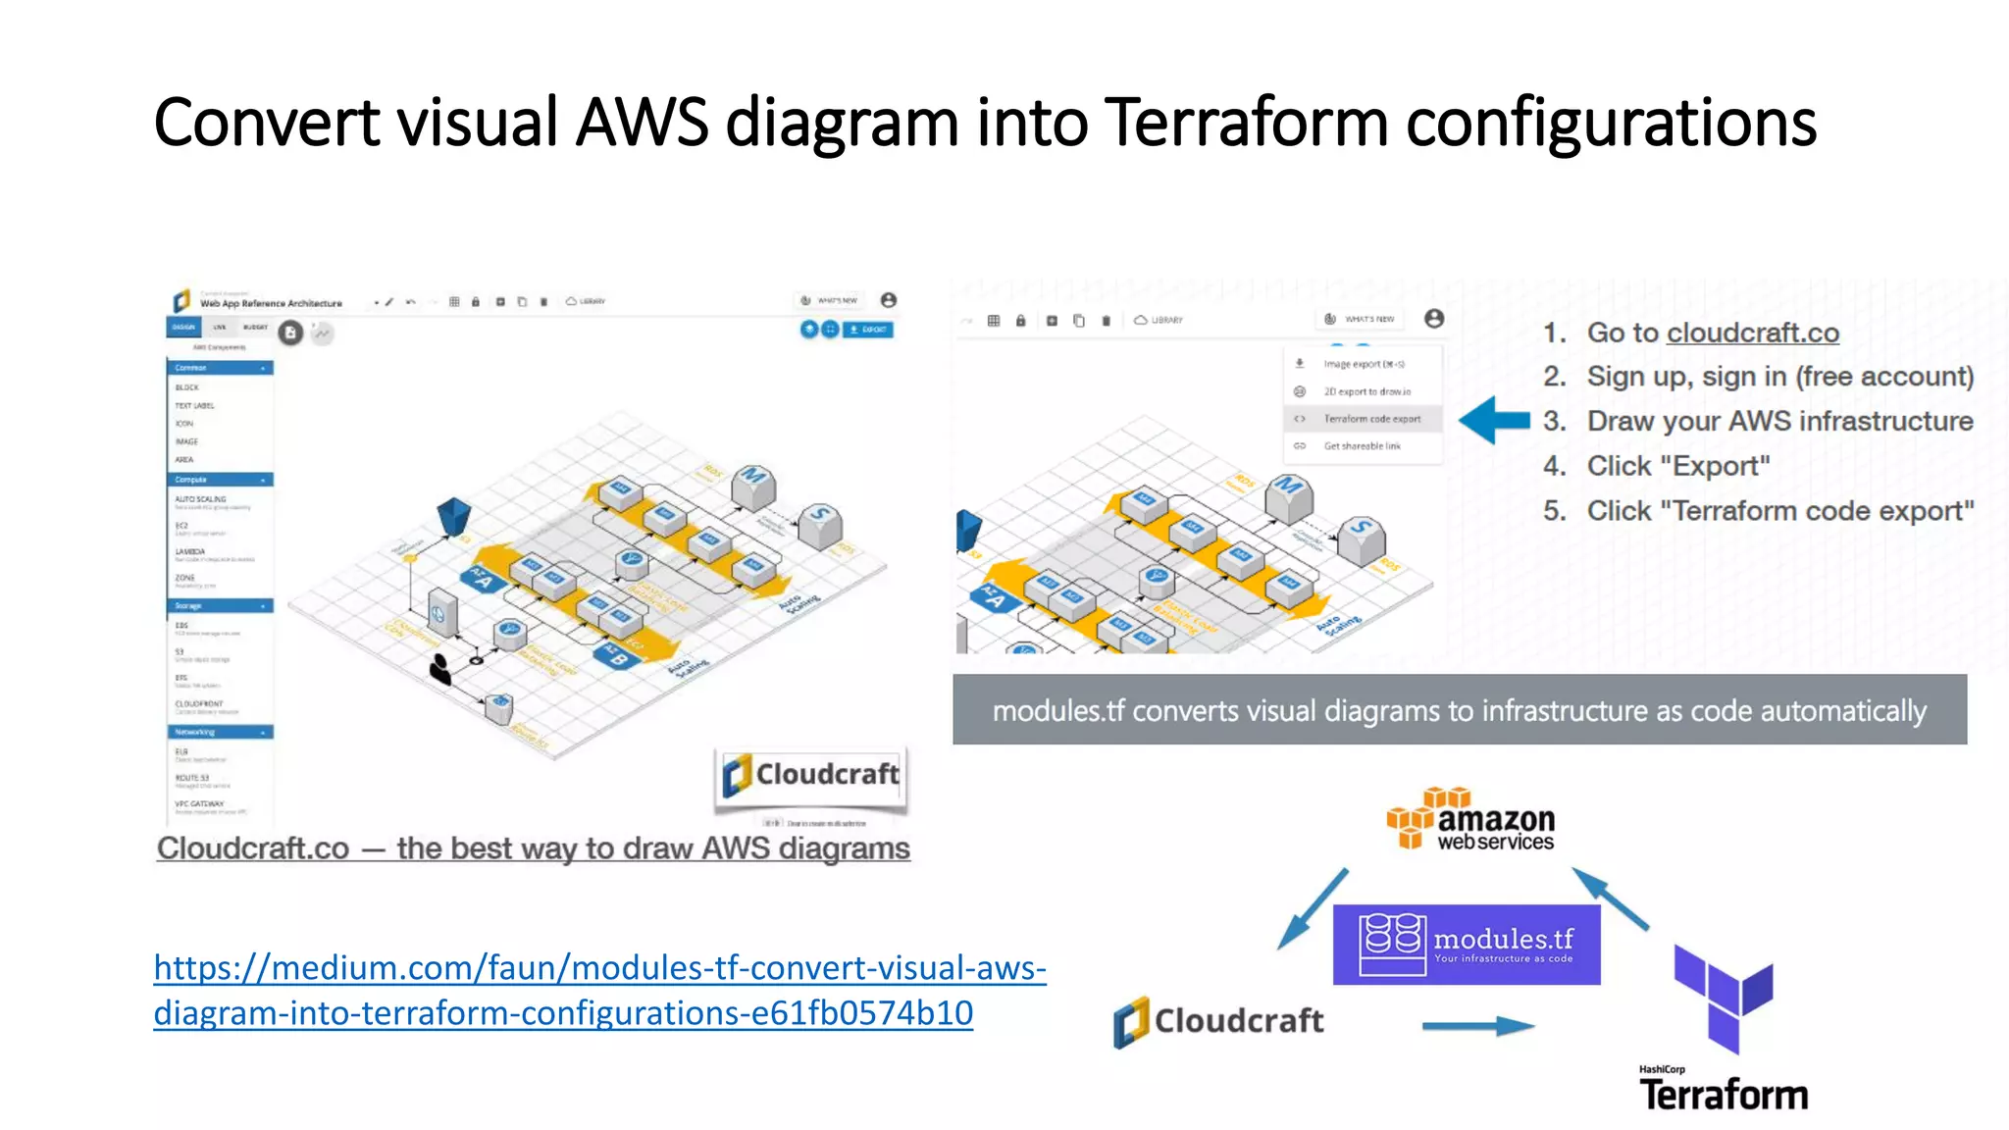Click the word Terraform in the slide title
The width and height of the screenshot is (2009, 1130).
[1246, 123]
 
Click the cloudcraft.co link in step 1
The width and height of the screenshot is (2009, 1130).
[1752, 334]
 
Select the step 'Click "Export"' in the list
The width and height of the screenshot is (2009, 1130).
[1677, 466]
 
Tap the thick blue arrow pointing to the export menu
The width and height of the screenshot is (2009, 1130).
[1493, 420]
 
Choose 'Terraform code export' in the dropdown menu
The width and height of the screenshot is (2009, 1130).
[1371, 419]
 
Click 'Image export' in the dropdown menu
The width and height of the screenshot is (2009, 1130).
[1363, 364]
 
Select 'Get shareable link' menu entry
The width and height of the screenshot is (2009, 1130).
[1362, 446]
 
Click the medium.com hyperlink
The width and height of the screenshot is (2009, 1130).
[599, 990]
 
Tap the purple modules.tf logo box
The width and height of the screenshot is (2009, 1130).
[1466, 945]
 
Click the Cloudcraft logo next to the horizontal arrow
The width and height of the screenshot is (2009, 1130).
[1218, 1021]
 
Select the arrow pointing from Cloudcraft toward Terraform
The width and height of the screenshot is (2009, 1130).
[1477, 1026]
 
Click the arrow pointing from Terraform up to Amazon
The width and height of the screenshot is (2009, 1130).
[1610, 899]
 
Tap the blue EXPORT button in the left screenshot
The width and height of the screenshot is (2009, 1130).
[868, 330]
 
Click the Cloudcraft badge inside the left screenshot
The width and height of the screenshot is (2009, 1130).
[811, 776]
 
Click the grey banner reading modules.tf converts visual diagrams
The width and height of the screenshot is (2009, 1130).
[1459, 710]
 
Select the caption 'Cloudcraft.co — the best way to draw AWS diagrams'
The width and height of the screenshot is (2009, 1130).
[534, 848]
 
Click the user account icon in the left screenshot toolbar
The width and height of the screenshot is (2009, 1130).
[888, 300]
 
